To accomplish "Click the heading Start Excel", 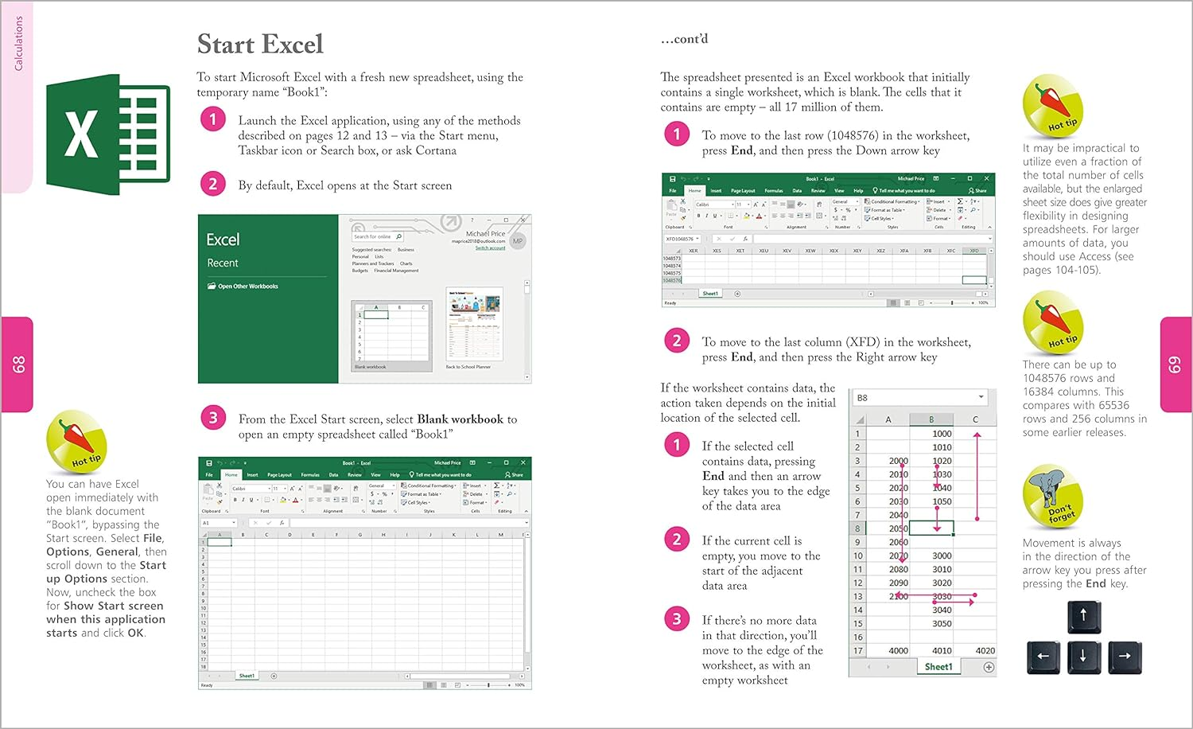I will point(260,45).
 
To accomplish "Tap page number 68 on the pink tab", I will point(18,364).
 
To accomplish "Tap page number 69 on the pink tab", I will point(1174,364).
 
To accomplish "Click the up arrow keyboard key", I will point(1083,616).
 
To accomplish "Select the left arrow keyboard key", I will point(1043,657).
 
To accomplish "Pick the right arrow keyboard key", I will point(1124,657).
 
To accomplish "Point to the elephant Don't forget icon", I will point(1051,498).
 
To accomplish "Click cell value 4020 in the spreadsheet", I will point(985,650).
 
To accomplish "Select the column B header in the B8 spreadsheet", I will point(931,419).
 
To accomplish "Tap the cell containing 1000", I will point(942,434).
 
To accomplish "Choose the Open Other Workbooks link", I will point(247,287).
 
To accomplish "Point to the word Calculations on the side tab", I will point(18,44).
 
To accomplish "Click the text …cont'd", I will point(684,39).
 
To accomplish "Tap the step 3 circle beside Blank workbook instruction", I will point(212,419).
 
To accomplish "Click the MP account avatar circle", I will point(518,240).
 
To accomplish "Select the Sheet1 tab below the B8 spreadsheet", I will point(938,667).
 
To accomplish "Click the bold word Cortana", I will point(436,150).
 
